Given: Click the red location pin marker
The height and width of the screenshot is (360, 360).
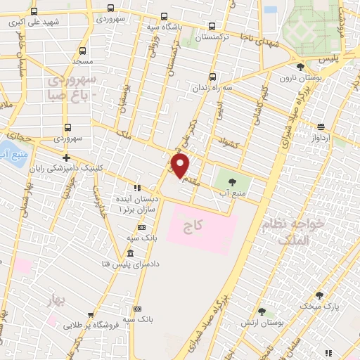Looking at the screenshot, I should click(181, 167).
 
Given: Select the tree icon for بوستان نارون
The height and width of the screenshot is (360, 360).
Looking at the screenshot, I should click(301, 68).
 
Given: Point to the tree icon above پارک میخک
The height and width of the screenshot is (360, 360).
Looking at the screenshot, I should click(320, 295).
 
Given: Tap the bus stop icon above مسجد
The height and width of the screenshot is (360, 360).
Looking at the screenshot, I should click(82, 51).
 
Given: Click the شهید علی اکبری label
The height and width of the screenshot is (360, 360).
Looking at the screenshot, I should click(41, 22).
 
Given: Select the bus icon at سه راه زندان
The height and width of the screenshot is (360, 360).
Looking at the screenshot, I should click(212, 78).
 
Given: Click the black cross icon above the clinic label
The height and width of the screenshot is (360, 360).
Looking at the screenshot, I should click(66, 158).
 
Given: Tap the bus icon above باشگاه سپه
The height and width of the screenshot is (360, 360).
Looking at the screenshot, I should click(163, 18).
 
